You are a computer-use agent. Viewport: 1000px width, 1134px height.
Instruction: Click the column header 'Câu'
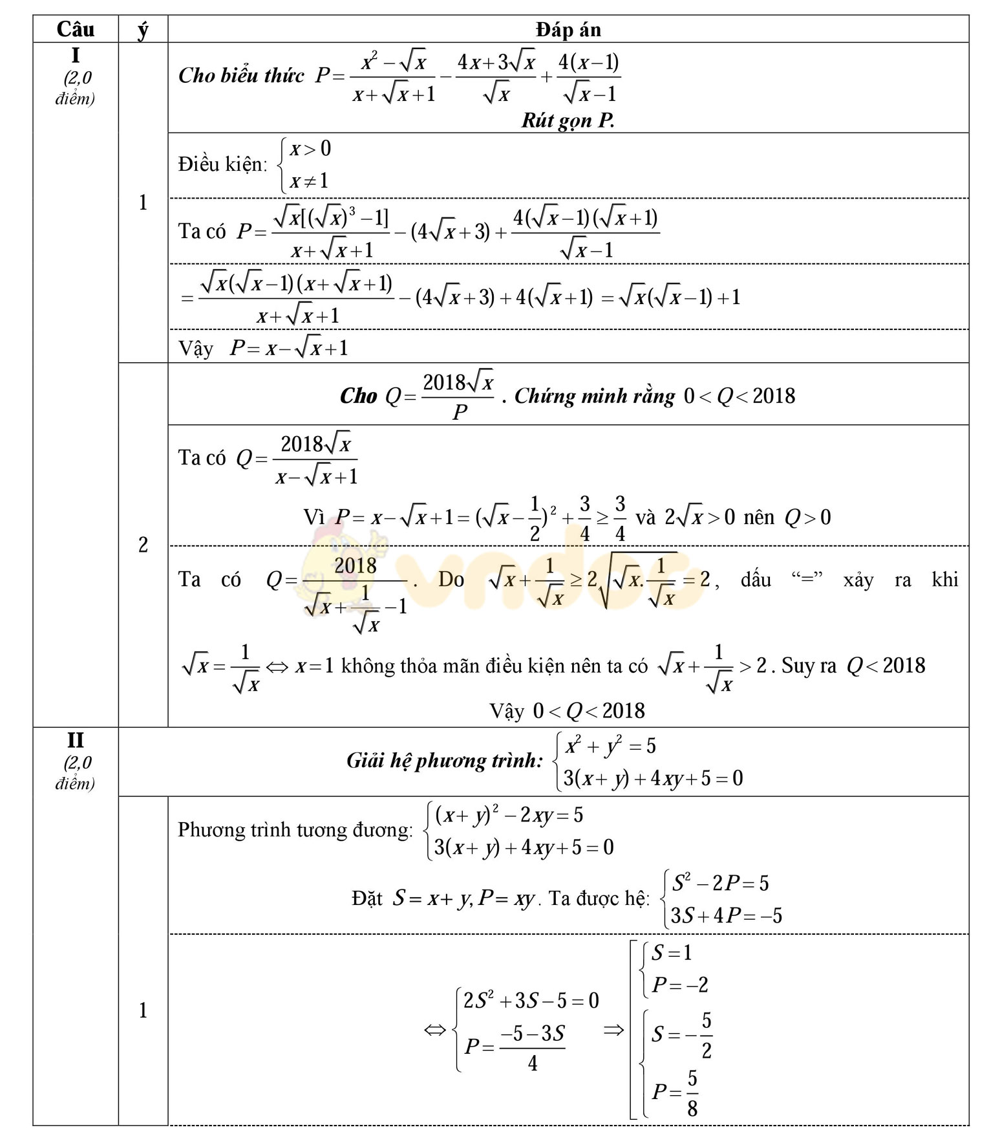pos(76,29)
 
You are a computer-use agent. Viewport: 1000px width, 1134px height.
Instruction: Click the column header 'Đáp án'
pos(568,29)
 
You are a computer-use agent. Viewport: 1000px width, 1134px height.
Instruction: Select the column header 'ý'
pos(143,30)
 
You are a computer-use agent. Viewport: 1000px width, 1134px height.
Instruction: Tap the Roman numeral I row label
pos(75,56)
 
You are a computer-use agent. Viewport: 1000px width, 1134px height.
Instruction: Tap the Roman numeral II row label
pos(75,740)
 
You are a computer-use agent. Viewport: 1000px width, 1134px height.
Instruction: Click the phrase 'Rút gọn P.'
pos(568,120)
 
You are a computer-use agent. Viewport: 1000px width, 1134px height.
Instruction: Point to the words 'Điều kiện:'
pos(222,164)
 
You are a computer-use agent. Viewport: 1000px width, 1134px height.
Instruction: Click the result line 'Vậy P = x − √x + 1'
pos(263,348)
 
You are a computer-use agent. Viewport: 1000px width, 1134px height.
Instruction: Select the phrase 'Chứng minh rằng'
pos(594,396)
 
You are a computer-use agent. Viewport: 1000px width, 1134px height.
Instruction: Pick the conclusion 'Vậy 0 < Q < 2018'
pos(567,710)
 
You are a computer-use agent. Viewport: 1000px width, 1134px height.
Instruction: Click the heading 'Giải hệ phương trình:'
pos(445,761)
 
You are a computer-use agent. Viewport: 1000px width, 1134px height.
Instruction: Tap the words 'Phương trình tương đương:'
pos(295,830)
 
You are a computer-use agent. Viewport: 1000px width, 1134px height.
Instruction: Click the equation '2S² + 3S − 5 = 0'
pos(531,1001)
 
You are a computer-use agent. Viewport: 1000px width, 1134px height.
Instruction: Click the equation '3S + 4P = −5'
pos(726,916)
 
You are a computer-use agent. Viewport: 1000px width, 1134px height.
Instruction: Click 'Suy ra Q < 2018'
pos(853,666)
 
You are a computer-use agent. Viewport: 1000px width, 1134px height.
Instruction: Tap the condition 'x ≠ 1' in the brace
pos(309,180)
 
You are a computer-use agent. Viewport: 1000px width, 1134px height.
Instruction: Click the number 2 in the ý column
pos(143,545)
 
